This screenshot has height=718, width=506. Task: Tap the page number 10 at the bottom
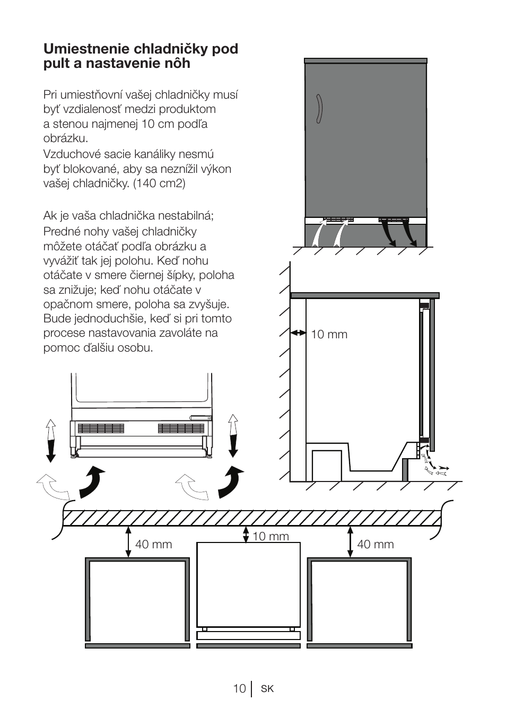tap(239, 688)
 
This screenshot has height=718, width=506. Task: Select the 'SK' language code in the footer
tap(267, 689)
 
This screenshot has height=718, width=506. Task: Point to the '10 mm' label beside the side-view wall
tap(329, 335)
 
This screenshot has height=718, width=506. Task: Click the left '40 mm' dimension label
tap(154, 545)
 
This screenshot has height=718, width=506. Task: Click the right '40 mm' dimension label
tap(376, 545)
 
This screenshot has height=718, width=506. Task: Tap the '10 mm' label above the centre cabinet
tap(271, 537)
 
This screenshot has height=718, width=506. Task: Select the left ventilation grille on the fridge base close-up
tap(101, 428)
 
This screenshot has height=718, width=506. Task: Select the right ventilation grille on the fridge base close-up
tap(181, 428)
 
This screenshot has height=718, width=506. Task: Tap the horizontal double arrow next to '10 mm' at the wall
tap(299, 333)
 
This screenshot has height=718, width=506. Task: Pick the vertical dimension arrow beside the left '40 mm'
tap(128, 541)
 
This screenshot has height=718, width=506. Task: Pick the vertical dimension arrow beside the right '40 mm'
tap(350, 541)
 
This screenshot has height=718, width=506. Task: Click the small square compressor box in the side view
tap(327, 465)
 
